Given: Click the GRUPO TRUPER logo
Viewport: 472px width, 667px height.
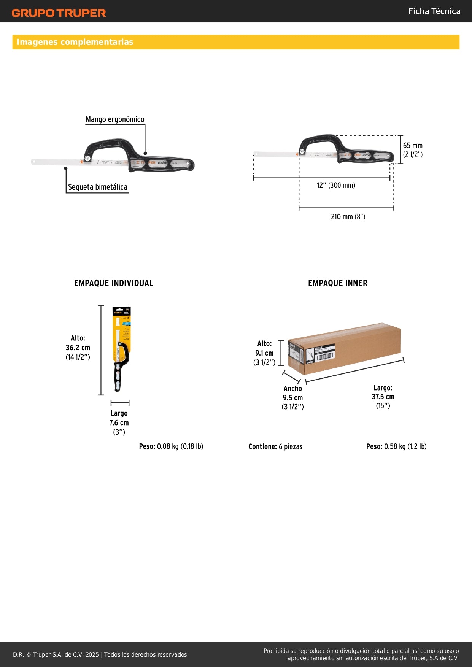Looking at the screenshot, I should (x=59, y=13).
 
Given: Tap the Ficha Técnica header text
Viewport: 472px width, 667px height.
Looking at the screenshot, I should (x=434, y=11).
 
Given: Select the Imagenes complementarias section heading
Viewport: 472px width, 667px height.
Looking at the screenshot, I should (x=75, y=42).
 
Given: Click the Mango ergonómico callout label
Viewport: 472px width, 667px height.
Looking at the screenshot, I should (x=115, y=119).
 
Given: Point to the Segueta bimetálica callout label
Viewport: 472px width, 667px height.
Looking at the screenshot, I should (x=97, y=187).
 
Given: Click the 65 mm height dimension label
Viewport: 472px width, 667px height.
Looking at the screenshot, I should (x=413, y=146).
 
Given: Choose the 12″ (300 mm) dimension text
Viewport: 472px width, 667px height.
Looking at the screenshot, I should (x=336, y=186).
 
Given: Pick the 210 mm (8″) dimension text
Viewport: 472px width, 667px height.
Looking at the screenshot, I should (x=348, y=217).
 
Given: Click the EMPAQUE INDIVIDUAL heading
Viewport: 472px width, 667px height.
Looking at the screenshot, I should (x=114, y=283).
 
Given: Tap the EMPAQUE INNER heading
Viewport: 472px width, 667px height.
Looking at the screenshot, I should (x=338, y=283).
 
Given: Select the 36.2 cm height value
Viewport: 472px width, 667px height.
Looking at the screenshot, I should (x=78, y=348).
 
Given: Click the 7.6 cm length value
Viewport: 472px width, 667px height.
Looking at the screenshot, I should (x=119, y=423).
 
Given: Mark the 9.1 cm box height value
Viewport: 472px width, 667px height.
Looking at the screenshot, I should (x=264, y=353).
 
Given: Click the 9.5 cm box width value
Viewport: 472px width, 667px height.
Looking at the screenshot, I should (x=292, y=398).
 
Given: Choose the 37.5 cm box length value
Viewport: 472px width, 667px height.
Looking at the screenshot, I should (x=383, y=397).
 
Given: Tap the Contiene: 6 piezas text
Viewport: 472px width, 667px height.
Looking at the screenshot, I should (x=275, y=446).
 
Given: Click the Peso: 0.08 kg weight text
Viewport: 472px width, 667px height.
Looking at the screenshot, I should (x=171, y=446).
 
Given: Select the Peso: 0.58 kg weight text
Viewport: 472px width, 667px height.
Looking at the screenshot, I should (x=396, y=446).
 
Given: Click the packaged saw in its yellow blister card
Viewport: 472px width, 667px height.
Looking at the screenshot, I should (x=121, y=348).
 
